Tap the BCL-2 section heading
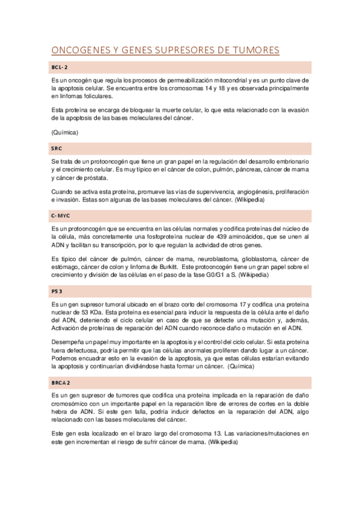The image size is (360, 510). [59, 67]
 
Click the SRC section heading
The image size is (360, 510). [56, 148]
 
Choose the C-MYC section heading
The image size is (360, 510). [61, 215]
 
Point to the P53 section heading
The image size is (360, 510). [57, 291]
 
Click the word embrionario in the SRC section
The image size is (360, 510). [288, 162]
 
